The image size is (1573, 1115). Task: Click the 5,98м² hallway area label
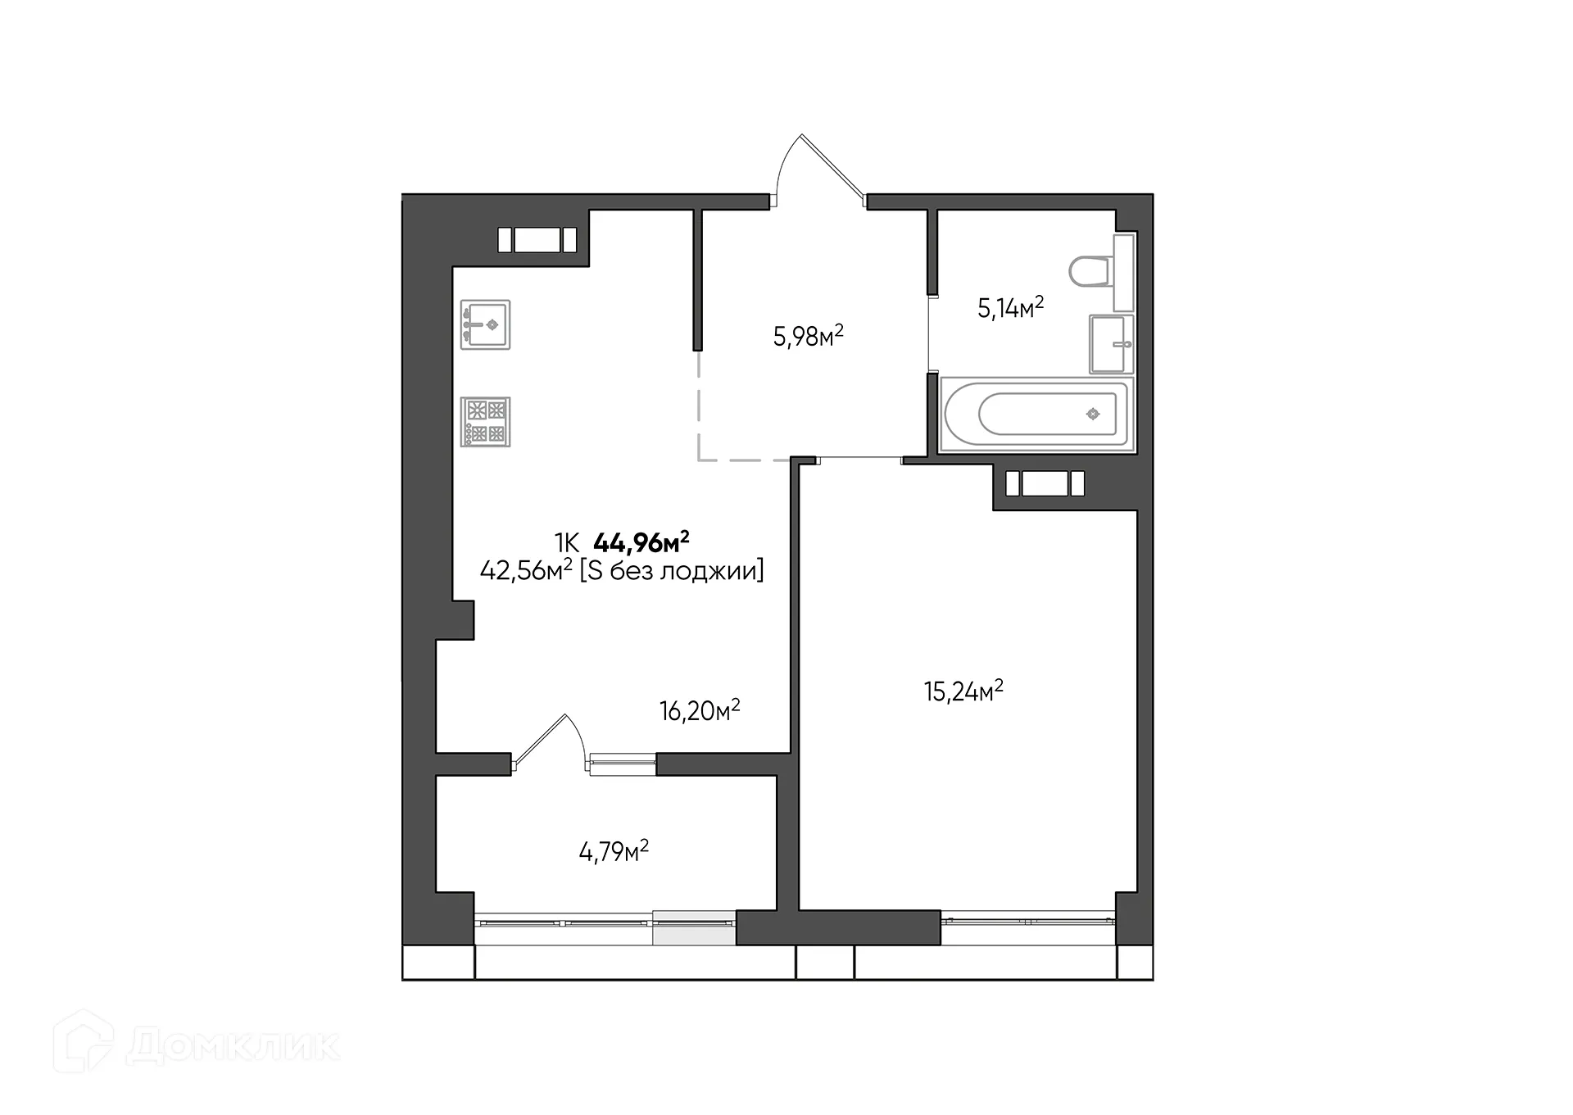(808, 336)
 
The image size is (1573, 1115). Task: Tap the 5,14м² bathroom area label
(1010, 308)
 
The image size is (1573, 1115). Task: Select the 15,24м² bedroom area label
(963, 691)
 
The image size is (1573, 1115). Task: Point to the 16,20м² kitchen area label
(700, 710)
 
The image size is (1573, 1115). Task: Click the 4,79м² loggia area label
(614, 852)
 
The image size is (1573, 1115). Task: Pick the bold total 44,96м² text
(641, 542)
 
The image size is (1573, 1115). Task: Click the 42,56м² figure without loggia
(525, 570)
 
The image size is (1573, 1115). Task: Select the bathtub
(1037, 415)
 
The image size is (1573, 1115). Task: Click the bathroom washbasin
(1111, 344)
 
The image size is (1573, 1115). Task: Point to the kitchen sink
(485, 324)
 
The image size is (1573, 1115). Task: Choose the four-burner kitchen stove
(485, 422)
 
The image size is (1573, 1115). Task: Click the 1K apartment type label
(566, 542)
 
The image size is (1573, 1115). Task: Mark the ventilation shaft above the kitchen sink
(537, 240)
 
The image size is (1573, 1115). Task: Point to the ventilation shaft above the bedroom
(1045, 483)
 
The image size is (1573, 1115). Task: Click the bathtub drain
(1092, 415)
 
